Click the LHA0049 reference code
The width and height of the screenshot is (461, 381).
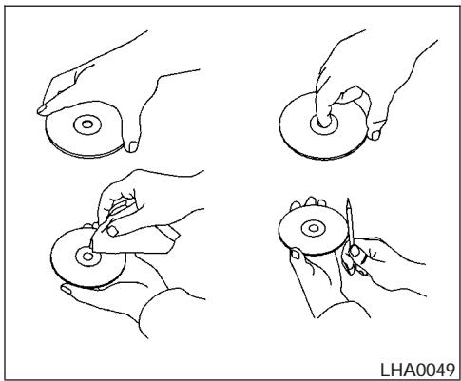coord(417,370)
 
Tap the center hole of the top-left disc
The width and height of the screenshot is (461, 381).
coord(87,124)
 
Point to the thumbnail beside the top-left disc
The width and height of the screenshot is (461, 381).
coord(133,146)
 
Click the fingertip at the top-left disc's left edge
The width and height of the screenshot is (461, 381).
coord(42,109)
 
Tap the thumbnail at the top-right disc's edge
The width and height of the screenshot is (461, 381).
coord(375,135)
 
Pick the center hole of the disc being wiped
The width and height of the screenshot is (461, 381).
coord(88,256)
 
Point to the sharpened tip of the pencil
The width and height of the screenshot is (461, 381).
coord(348,201)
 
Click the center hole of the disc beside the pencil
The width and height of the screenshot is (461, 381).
coord(314,228)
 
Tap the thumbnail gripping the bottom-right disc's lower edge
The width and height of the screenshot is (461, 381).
coord(296,254)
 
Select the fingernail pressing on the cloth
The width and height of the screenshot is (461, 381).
coord(112,230)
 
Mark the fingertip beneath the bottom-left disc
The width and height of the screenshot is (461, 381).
coord(66,289)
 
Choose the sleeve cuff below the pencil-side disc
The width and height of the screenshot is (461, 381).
coord(344,310)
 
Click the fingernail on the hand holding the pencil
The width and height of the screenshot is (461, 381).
coord(355,251)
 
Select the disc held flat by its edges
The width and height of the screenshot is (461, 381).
coord(84,129)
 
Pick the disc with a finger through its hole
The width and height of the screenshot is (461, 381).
coord(324,125)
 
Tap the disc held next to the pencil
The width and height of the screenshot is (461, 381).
coord(314,230)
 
